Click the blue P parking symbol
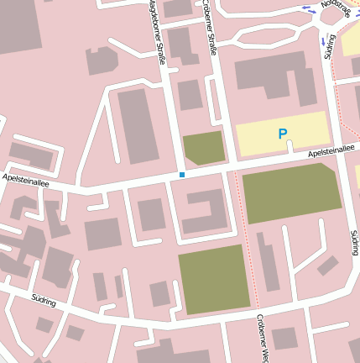click(282, 134)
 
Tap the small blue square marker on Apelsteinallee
click(181, 175)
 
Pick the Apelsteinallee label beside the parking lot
click(331, 150)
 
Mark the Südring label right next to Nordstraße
click(329, 47)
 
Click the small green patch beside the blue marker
click(204, 148)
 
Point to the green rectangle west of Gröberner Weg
click(214, 280)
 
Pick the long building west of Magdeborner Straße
click(137, 125)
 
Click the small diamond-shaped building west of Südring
click(327, 266)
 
